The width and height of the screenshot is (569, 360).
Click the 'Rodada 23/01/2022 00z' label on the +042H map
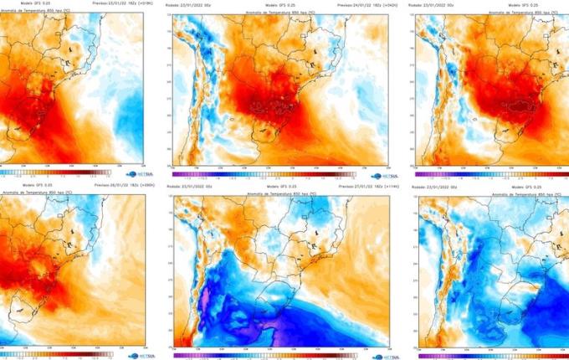[194, 5]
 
